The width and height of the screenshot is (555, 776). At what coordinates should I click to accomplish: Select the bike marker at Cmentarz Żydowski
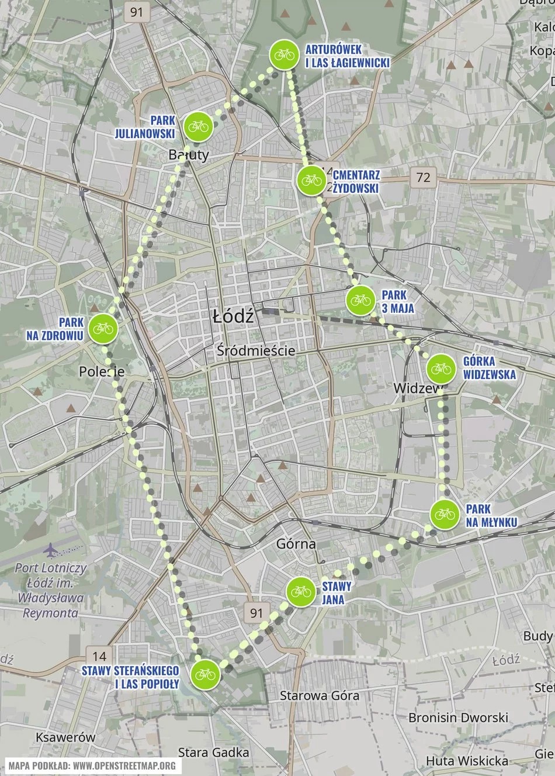pos(310,180)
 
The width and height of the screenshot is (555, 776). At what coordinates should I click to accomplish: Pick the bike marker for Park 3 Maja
pos(359,300)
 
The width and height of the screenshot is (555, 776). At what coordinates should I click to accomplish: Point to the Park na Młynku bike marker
pos(444,514)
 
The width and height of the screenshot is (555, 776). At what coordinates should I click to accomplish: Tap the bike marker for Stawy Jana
pos(301,591)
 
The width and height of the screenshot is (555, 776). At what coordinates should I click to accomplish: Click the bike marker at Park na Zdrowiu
pos(103,328)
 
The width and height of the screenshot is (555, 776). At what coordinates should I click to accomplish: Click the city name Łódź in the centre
pos(233,317)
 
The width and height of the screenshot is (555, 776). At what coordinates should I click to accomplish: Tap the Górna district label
pos(296,543)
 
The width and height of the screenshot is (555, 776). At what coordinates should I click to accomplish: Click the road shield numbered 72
pos(423,176)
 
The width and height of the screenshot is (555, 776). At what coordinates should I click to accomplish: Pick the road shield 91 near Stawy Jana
pos(256,612)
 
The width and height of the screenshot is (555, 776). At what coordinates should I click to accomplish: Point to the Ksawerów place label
pos(65,737)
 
